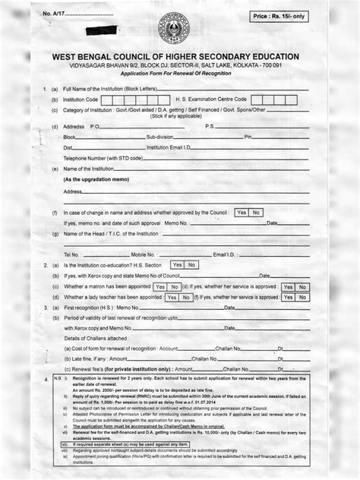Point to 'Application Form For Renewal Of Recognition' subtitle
pos(180,77)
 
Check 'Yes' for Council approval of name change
pos(242,213)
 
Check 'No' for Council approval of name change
pos(256,213)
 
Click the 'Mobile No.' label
pos(144,253)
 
